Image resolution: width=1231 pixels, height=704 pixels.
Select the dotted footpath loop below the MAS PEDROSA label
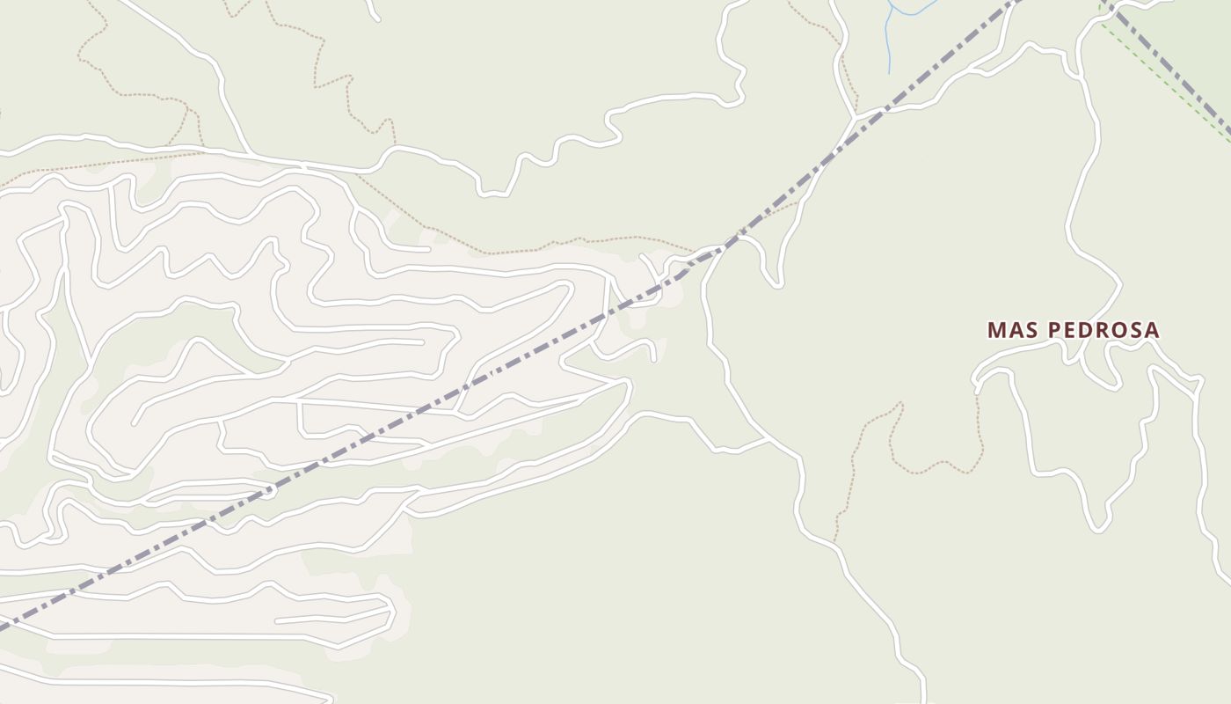tap(932, 466)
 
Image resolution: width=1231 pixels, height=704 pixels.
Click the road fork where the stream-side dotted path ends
tap(855, 115)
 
